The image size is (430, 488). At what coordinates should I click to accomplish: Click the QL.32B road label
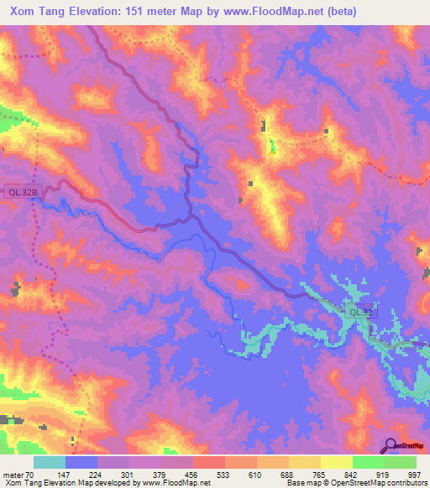(x=22, y=191)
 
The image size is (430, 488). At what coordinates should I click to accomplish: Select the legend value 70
(x=29, y=475)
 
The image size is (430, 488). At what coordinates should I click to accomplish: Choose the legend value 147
(x=63, y=475)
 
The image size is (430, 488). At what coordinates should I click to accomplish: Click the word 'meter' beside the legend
(x=12, y=475)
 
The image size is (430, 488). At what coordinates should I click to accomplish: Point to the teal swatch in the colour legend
(x=50, y=463)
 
